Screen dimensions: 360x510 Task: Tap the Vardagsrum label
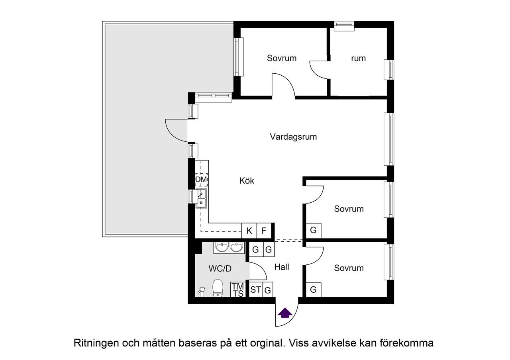click(x=293, y=137)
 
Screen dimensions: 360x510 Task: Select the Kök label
click(x=247, y=181)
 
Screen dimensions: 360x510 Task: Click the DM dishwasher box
click(x=201, y=180)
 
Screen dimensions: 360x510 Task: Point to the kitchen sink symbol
click(x=202, y=199)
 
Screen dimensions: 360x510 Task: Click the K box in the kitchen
click(x=249, y=231)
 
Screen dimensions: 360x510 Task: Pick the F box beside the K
click(x=264, y=231)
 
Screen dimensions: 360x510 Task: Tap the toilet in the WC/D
click(x=218, y=288)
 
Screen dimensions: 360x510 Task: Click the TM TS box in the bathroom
click(x=238, y=290)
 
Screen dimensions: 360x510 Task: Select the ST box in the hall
click(x=255, y=290)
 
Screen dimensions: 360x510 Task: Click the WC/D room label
click(x=220, y=269)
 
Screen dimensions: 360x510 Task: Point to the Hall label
click(x=282, y=267)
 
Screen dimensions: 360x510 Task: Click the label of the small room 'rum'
click(x=358, y=59)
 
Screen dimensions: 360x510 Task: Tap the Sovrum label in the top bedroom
click(x=282, y=58)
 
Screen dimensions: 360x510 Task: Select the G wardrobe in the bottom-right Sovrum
click(x=313, y=290)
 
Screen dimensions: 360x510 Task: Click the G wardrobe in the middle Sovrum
click(x=313, y=230)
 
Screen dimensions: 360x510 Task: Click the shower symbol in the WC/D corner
click(x=201, y=292)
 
